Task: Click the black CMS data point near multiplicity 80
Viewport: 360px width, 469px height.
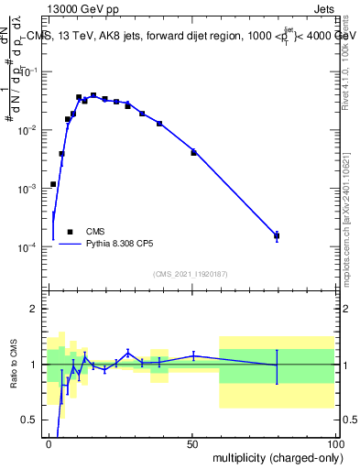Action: (x=277, y=235)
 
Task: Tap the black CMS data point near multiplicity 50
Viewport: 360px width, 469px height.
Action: (x=193, y=152)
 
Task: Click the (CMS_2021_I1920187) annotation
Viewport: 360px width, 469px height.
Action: (x=189, y=273)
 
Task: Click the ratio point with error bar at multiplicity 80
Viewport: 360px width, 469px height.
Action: (x=277, y=365)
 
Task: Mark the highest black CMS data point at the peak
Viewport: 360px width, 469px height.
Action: (x=93, y=95)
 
